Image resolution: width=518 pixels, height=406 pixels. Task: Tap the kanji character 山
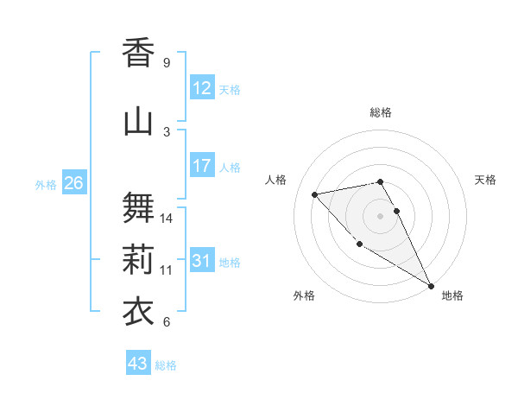point(138,121)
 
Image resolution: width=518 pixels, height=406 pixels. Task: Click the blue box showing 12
point(202,88)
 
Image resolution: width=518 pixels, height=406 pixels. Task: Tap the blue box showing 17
point(202,166)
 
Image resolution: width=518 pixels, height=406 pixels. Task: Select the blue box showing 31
point(202,261)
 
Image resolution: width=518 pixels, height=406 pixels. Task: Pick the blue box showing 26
point(73,183)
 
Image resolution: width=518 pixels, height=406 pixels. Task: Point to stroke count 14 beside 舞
point(167,219)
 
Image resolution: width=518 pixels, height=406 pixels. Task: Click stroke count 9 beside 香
point(167,63)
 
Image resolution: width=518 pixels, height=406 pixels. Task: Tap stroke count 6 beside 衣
point(167,322)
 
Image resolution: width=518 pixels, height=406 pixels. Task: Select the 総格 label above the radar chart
point(381,112)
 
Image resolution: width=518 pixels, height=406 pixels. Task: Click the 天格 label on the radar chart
point(485,180)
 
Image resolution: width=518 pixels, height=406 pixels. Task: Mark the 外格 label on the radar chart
point(304,295)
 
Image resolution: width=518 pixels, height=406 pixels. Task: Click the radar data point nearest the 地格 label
point(431,286)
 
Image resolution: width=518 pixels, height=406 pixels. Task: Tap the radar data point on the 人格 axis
point(315,194)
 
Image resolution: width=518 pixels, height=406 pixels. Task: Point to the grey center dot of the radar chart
point(381,215)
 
